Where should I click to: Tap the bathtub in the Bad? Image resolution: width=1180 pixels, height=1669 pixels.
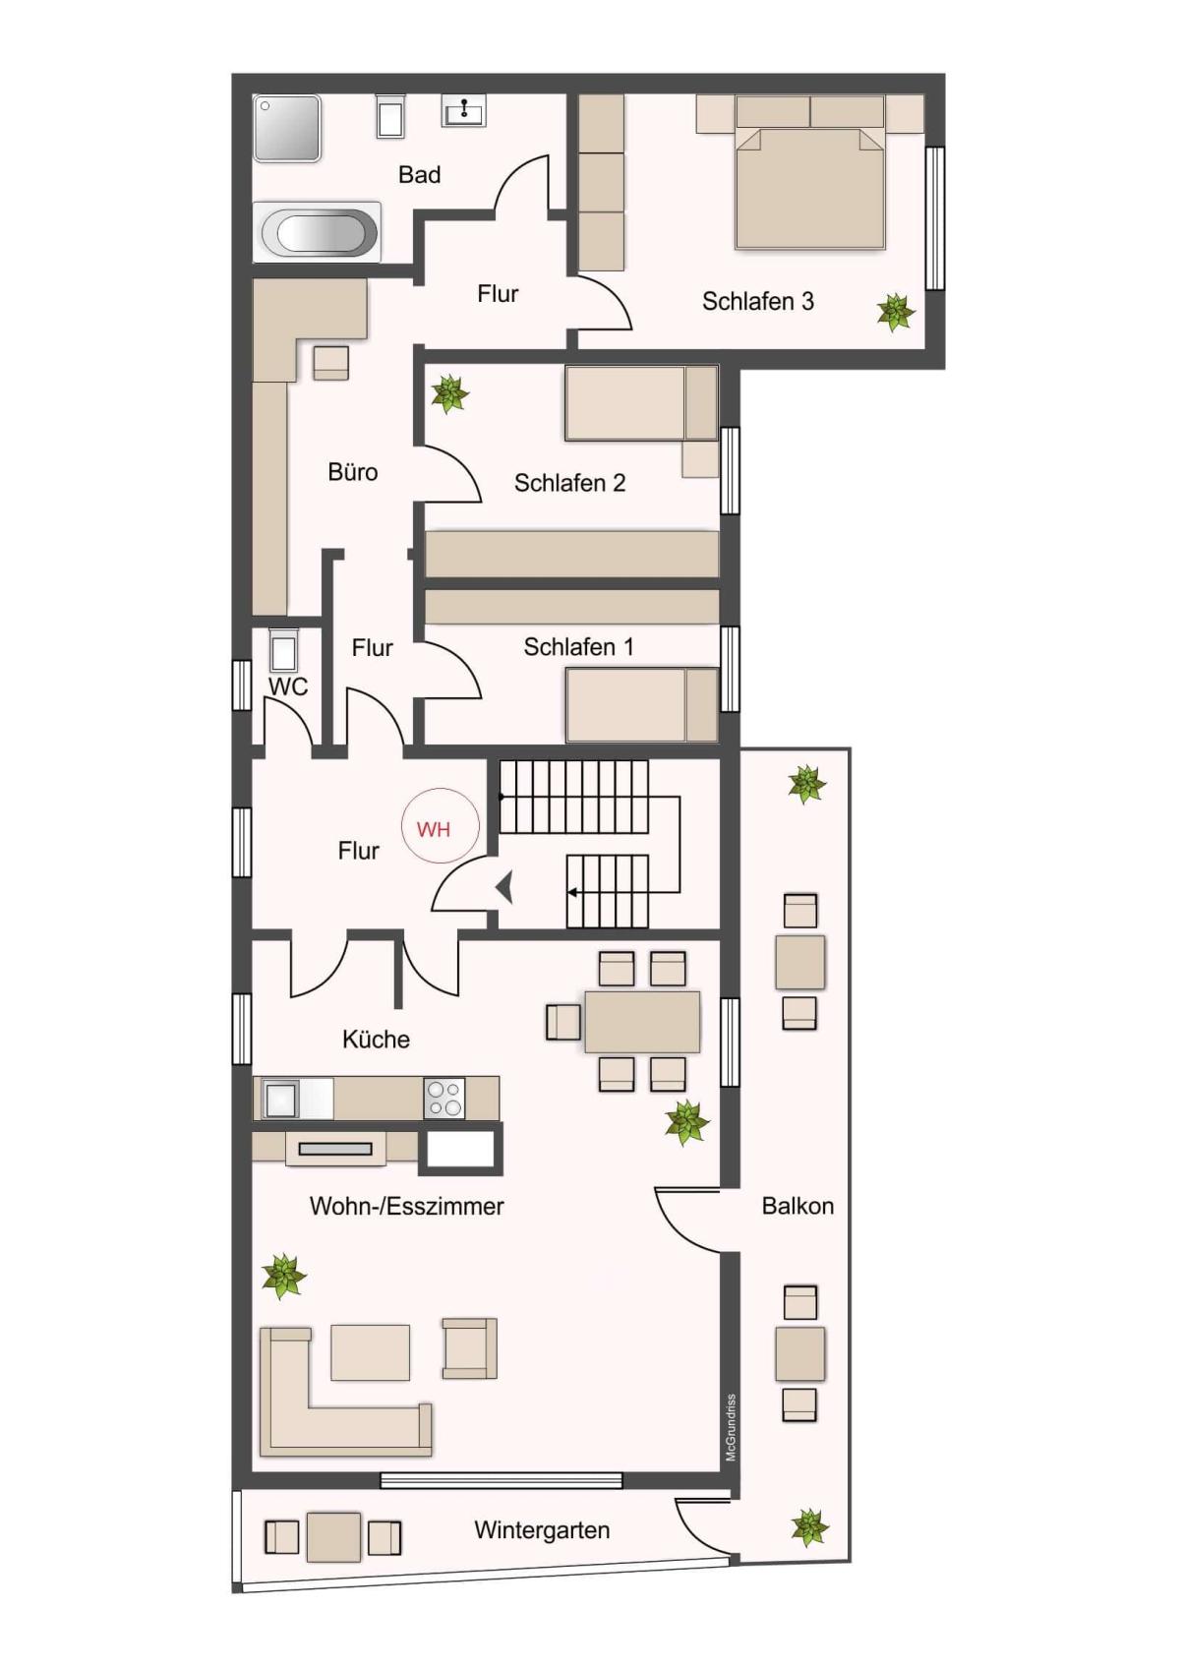coord(318,232)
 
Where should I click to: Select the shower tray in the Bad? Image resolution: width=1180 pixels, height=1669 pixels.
coord(287,128)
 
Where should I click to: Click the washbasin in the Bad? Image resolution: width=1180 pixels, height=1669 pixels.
coord(463,110)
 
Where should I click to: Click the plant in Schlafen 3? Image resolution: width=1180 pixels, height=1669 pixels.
coord(895,312)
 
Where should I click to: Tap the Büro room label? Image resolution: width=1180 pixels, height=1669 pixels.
coord(352,472)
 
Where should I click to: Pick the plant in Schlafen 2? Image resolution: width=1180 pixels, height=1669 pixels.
coord(449,393)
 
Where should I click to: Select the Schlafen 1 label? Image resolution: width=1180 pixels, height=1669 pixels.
coord(578,647)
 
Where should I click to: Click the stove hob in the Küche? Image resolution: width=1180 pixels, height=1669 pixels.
coord(444,1099)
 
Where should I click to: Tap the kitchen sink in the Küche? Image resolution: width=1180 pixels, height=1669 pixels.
coord(280,1099)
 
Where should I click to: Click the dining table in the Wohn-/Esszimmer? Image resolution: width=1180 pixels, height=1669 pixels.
coord(642,1022)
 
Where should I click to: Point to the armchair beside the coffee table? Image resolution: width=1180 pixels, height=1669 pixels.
coord(469,1347)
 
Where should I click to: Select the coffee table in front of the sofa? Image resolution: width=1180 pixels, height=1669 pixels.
coord(371,1351)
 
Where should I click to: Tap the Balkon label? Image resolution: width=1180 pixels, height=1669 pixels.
coord(797,1206)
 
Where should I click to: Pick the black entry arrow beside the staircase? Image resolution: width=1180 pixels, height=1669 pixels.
coord(505,886)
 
